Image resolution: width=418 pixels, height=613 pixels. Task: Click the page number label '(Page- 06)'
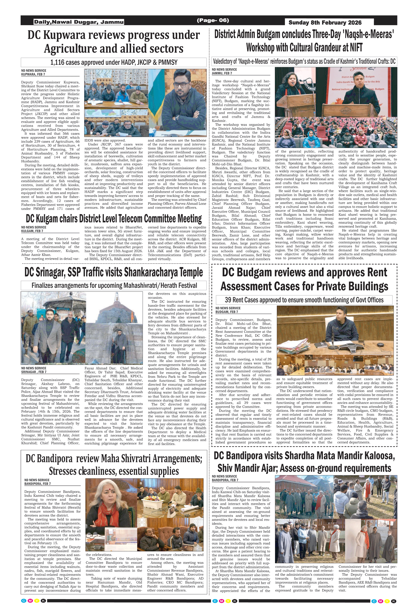[x=213, y=20]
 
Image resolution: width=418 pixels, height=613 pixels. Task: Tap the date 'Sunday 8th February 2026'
[x=325, y=23]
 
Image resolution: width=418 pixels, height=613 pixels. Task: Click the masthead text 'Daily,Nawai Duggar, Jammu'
[x=79, y=22]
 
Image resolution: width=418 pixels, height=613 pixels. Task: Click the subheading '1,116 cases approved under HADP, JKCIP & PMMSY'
[x=114, y=62]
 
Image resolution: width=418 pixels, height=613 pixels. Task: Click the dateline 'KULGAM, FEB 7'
[x=32, y=231]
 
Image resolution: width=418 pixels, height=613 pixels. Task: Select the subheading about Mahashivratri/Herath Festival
[x=114, y=286]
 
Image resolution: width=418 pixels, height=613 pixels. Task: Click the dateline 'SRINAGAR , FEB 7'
[x=34, y=372]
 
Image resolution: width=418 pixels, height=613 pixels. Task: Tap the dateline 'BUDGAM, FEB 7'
[x=227, y=312]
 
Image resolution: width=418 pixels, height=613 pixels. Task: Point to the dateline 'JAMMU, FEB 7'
[x=222, y=73]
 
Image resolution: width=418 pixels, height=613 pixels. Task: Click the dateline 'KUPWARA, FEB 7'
[x=33, y=75]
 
